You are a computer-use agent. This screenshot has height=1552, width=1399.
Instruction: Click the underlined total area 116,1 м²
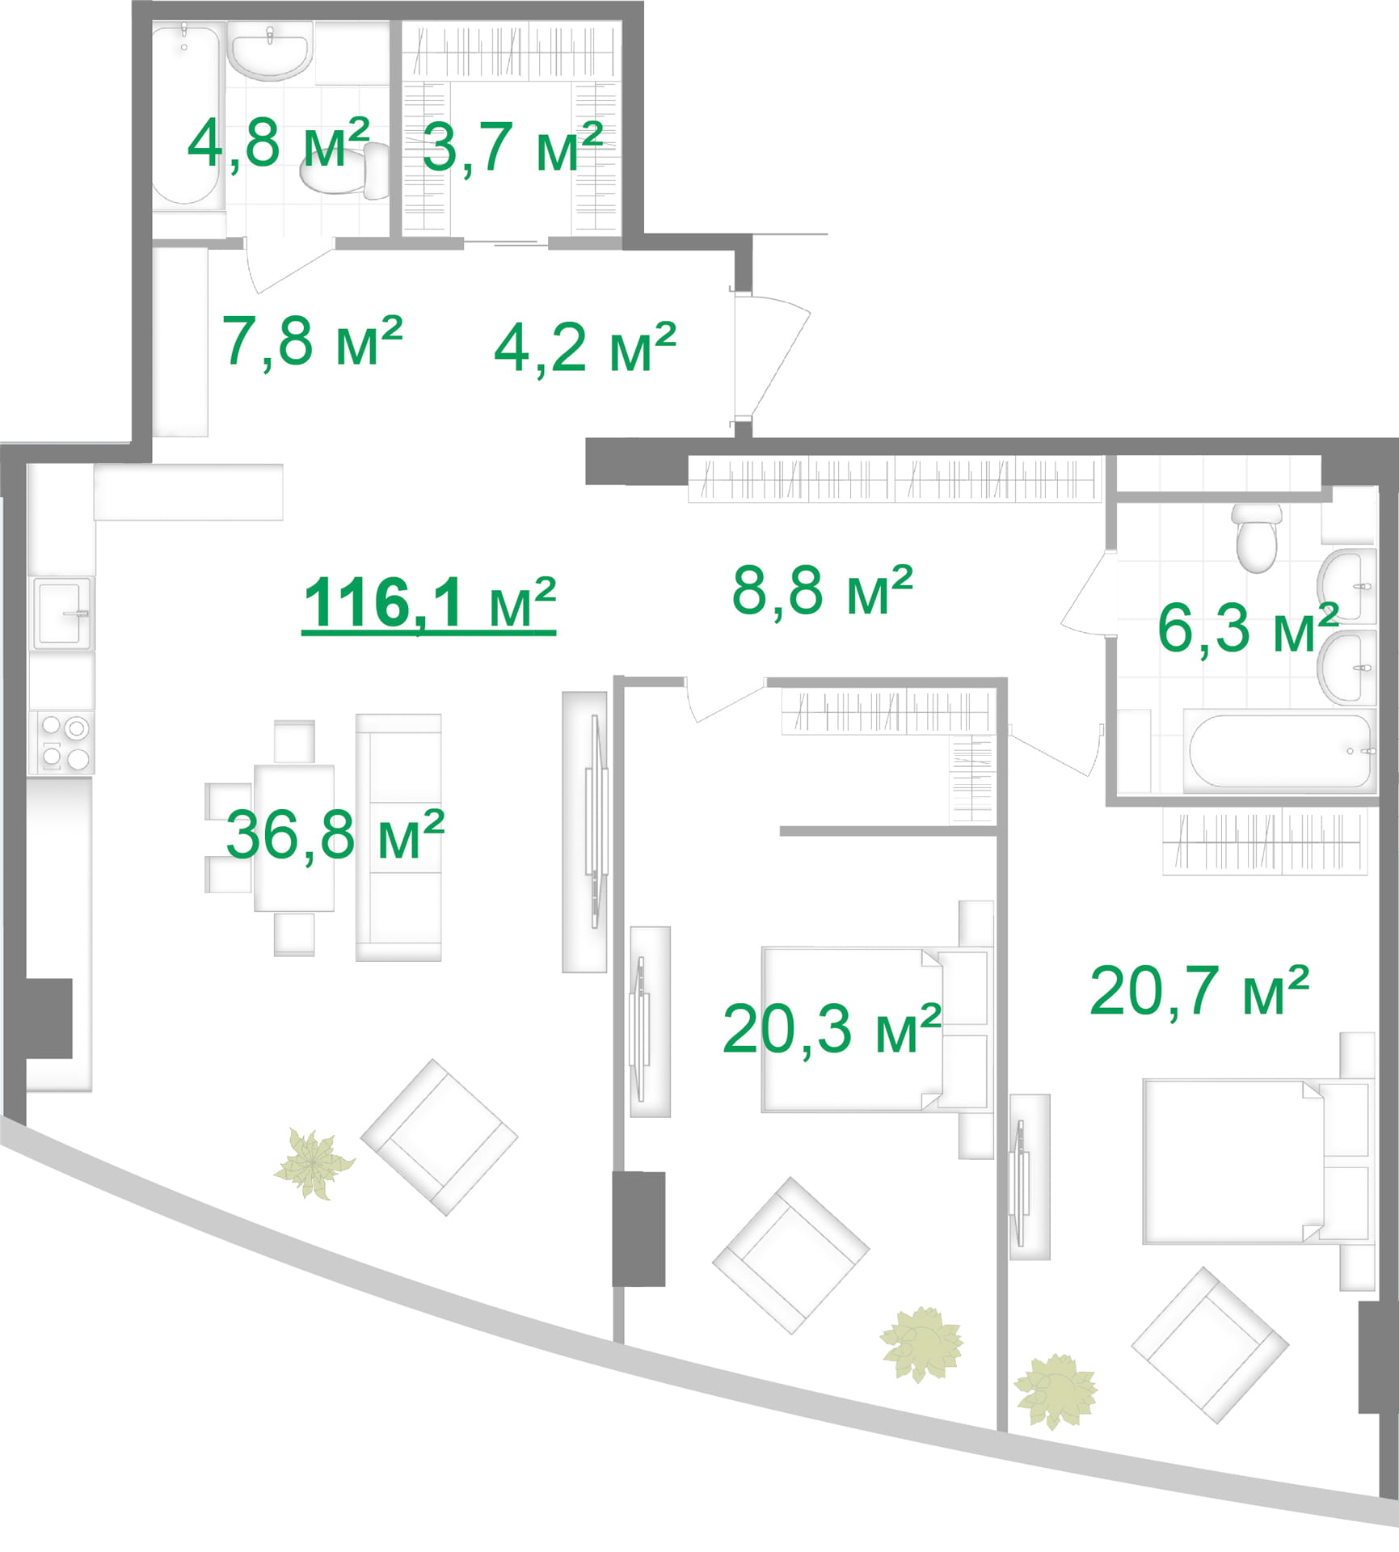[429, 604]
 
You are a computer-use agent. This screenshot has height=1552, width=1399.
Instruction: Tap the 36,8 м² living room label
[335, 836]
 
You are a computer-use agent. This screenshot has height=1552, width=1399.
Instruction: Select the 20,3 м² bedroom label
[832, 1029]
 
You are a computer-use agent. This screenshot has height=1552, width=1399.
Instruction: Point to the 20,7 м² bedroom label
[1199, 991]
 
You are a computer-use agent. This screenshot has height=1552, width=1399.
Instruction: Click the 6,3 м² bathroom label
[1248, 628]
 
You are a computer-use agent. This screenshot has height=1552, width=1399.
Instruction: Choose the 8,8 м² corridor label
[823, 591]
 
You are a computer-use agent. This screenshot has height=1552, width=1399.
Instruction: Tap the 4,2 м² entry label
[585, 348]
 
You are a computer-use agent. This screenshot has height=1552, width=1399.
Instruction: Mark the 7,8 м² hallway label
[313, 341]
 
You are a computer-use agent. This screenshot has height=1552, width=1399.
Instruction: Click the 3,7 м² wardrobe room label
[512, 148]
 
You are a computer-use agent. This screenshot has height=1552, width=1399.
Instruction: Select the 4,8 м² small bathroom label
[279, 143]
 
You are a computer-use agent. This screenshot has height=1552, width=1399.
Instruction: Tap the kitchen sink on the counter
[62, 614]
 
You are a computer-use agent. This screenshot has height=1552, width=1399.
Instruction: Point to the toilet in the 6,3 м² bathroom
[1257, 538]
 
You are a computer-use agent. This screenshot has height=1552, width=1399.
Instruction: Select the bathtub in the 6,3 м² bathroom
[1279, 751]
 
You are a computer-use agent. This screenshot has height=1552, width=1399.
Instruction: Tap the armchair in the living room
[439, 1137]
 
